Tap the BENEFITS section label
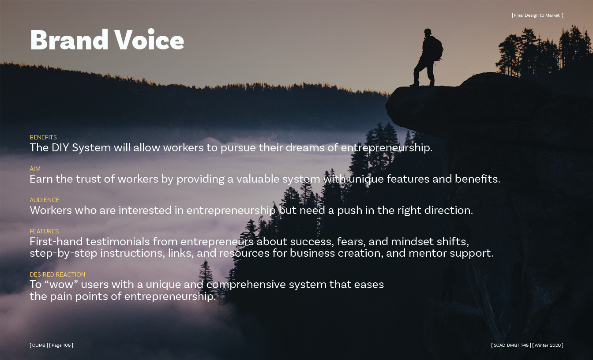click(43, 137)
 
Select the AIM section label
click(35, 169)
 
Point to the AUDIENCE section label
click(45, 200)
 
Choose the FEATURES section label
click(44, 231)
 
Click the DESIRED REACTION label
click(57, 274)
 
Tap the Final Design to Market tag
click(537, 15)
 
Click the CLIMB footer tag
click(39, 345)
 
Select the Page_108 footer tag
click(61, 345)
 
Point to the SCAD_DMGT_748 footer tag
click(511, 345)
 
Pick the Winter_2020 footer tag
click(548, 345)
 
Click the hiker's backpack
click(437, 49)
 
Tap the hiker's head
click(428, 33)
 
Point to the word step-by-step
click(63, 253)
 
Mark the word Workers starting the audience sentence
click(51, 210)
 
